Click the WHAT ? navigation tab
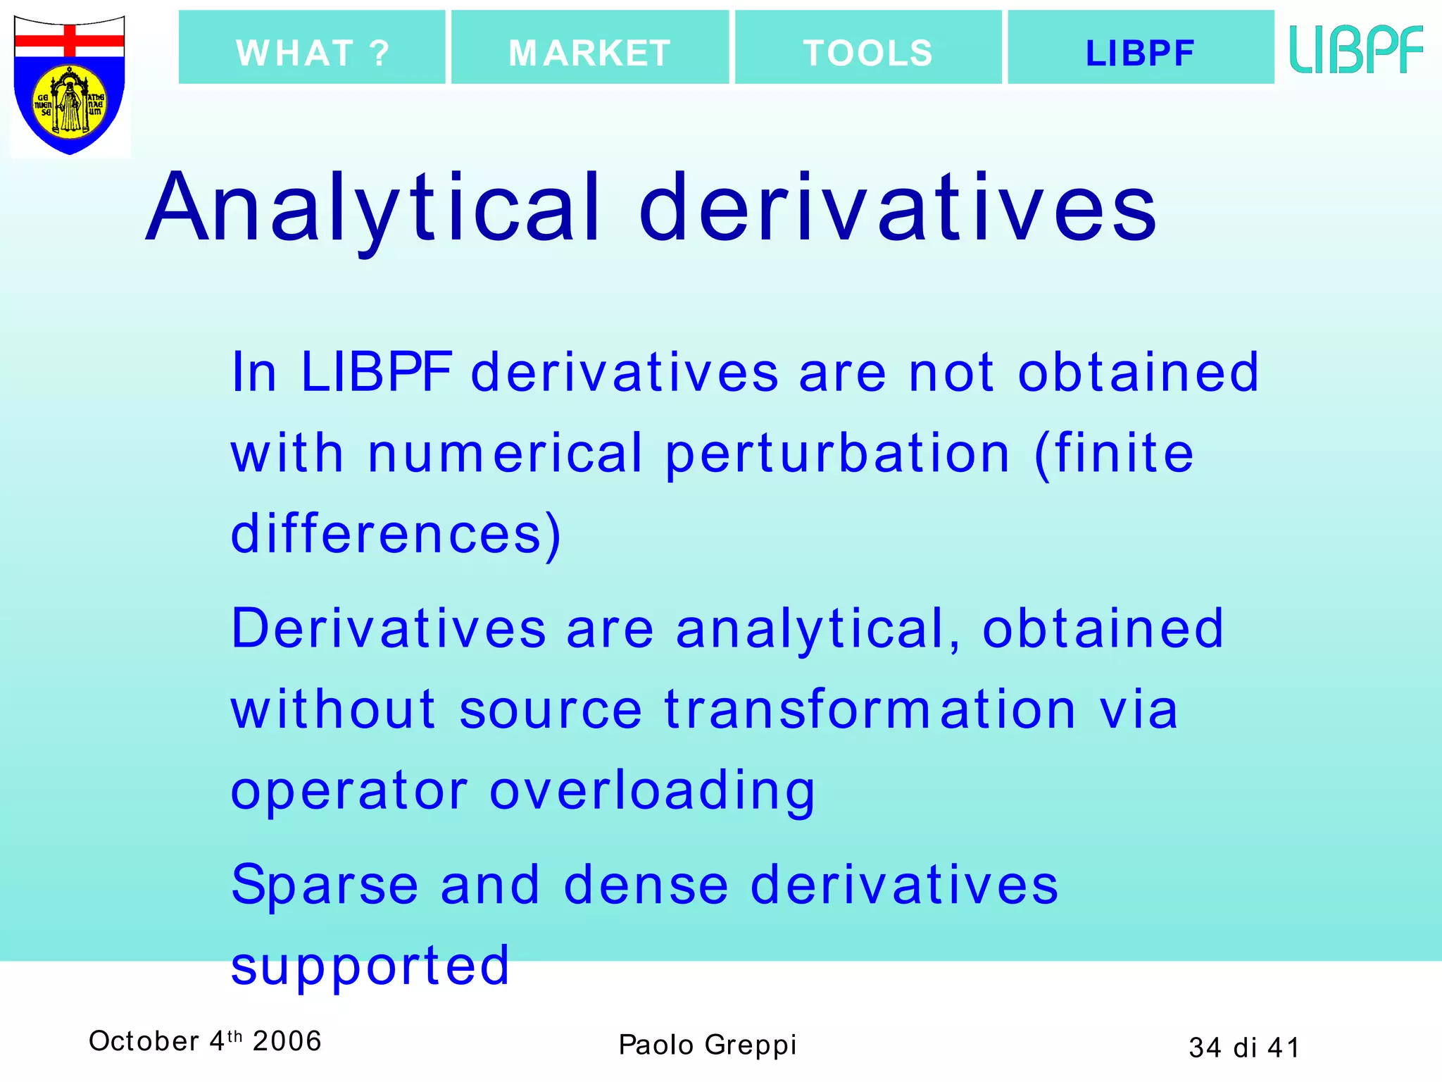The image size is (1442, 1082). coord(312,48)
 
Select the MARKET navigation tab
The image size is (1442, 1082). coord(590,48)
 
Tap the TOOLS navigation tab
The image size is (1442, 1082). coord(868,48)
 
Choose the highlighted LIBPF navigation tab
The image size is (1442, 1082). coord(1141,48)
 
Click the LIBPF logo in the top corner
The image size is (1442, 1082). coord(1356,49)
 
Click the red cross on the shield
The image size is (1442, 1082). coord(70,41)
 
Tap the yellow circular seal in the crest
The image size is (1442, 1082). coord(70,103)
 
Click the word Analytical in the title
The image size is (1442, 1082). coord(374,209)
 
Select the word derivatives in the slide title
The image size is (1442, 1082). coord(898,209)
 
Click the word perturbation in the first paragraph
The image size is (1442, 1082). coord(838,454)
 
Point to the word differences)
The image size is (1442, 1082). coord(396,534)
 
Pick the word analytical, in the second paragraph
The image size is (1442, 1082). coord(817,629)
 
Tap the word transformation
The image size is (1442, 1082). coord(870,709)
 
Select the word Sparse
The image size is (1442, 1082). coord(325,885)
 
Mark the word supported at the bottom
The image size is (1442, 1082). coord(370,966)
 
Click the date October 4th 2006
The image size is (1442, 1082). coord(205,1041)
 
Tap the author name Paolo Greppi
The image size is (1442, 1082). coord(708,1045)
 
